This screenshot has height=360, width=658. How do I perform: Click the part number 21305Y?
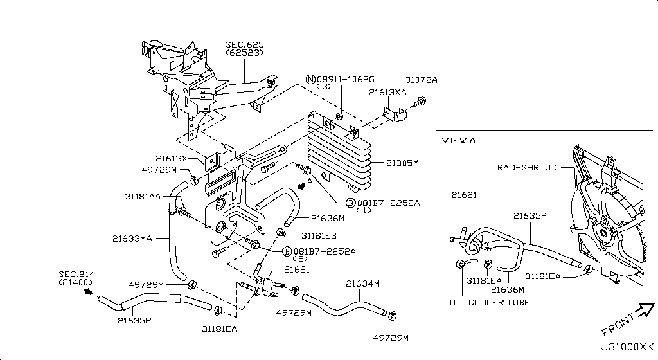402,163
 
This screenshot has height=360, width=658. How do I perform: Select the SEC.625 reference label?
244,45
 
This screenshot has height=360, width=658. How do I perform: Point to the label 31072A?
421,80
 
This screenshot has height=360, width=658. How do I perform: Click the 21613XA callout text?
387,93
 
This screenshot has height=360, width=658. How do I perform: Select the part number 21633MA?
132,239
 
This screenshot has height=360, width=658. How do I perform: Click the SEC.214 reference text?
76,274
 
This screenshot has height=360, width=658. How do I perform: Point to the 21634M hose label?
363,283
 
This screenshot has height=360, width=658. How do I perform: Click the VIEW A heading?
458,140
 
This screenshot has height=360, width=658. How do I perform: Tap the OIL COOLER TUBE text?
490,302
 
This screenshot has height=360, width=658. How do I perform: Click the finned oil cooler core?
340,154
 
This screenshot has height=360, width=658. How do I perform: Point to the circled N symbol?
310,80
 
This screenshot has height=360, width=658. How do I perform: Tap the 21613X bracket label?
171,157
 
